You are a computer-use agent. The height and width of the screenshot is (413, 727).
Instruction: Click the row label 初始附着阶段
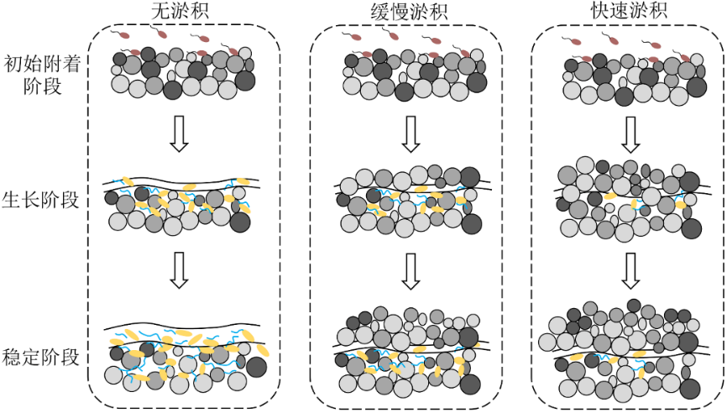click(39, 74)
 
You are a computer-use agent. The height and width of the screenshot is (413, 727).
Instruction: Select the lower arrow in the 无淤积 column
click(178, 270)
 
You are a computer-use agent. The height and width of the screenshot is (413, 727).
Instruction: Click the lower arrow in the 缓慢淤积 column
click(410, 270)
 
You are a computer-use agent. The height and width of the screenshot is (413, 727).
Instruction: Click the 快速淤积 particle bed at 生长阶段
click(630, 197)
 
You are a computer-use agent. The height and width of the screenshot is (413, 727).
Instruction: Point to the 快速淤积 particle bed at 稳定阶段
click(630, 348)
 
